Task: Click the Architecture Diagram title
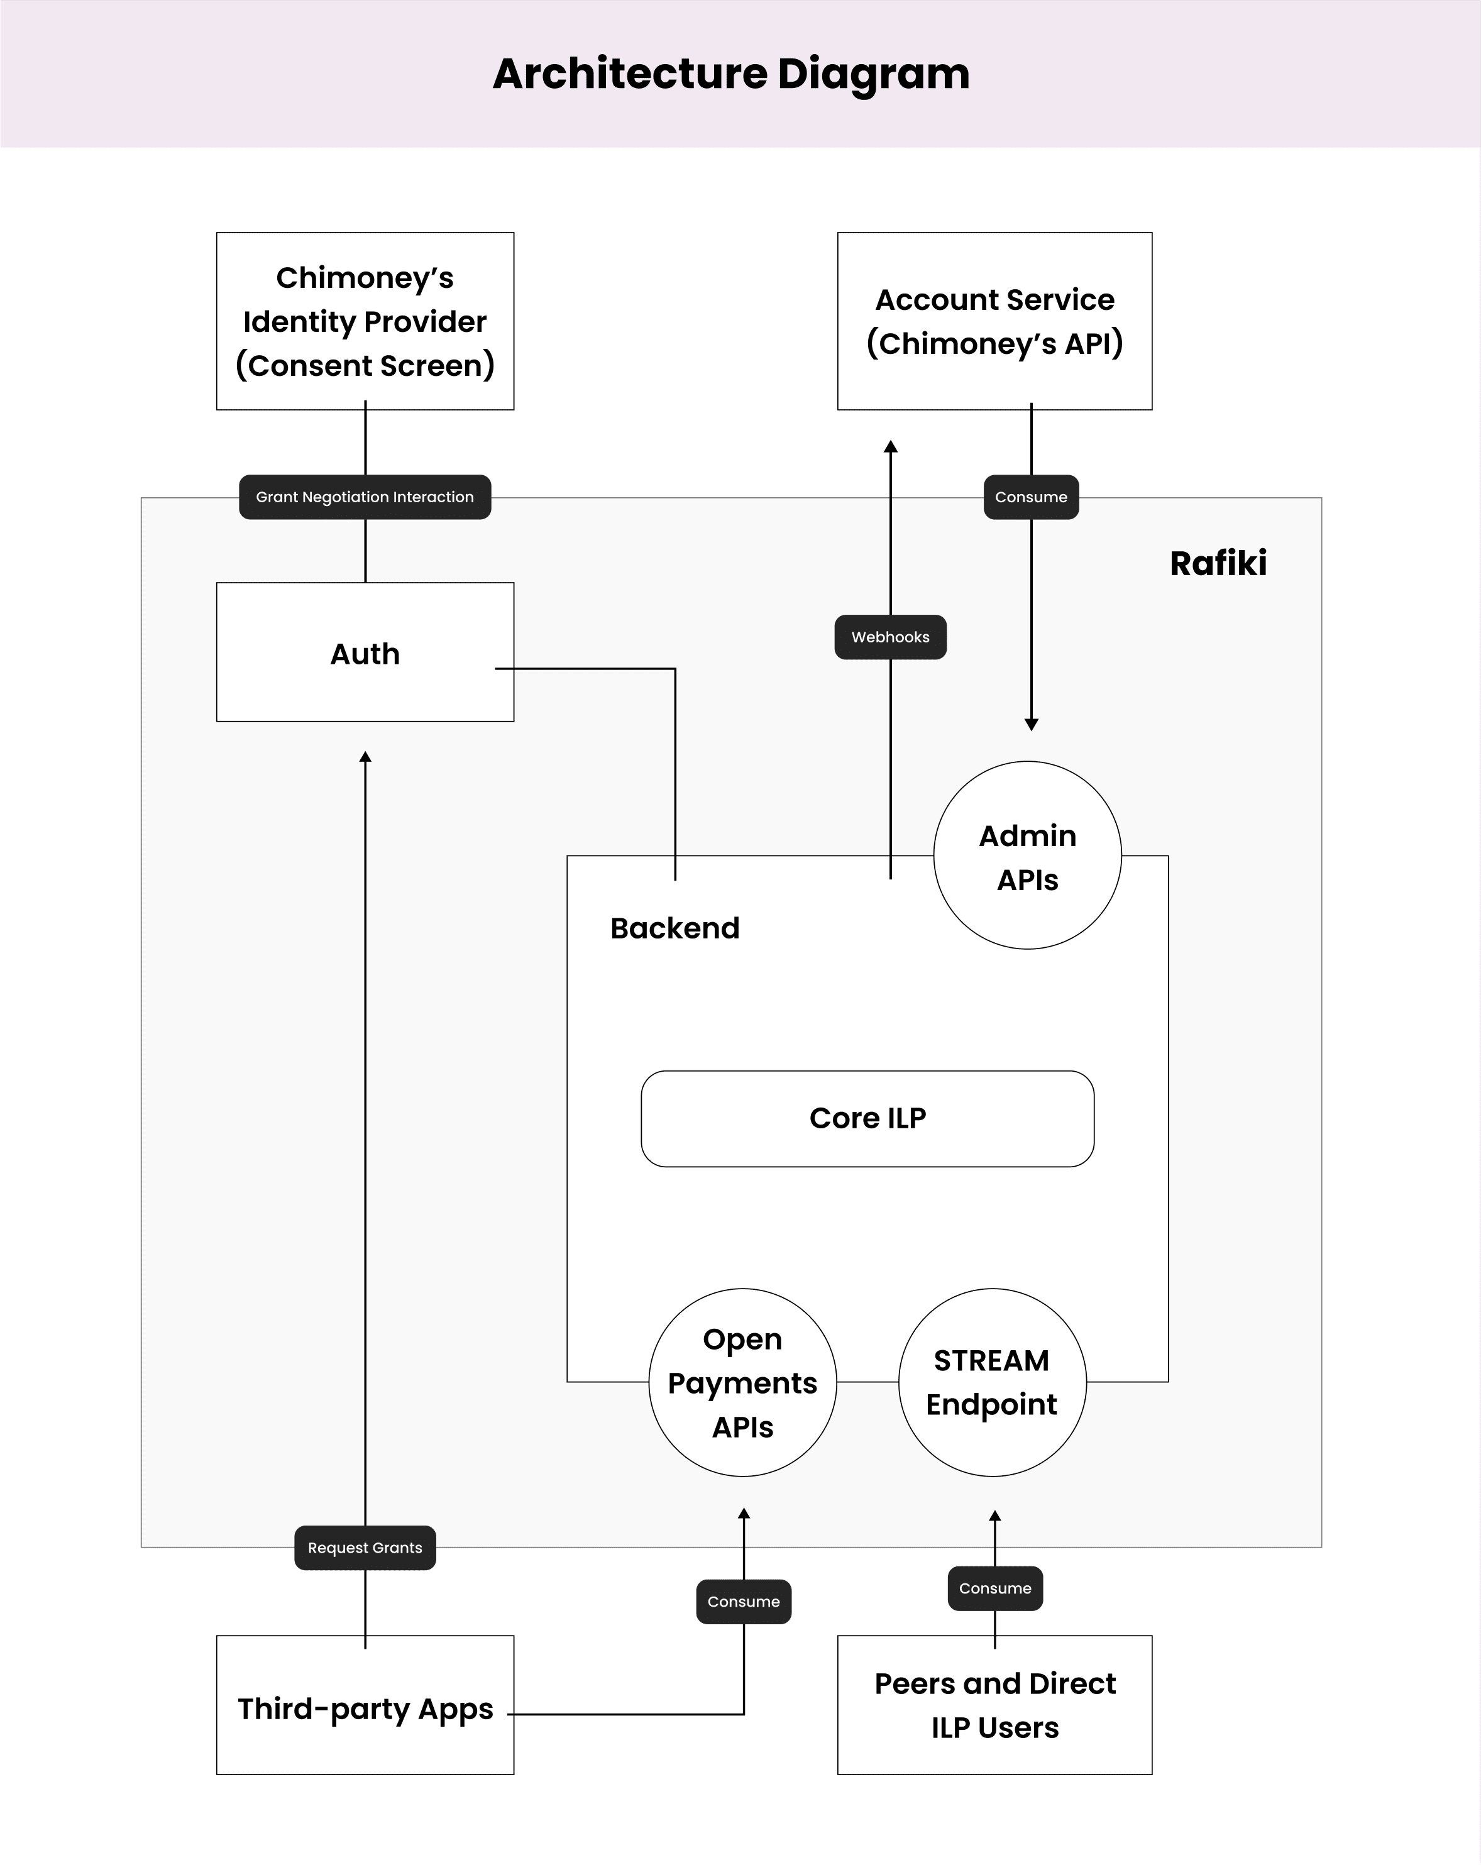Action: [731, 74]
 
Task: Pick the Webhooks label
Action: [889, 637]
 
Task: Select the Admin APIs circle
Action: [1027, 856]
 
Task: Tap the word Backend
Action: [674, 928]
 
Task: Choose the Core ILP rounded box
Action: [867, 1118]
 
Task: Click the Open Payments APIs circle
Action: [742, 1382]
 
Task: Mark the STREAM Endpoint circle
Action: [991, 1382]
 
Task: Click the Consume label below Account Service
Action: [1030, 497]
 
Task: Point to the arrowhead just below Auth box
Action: [365, 757]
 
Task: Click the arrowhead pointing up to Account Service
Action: [890, 446]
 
